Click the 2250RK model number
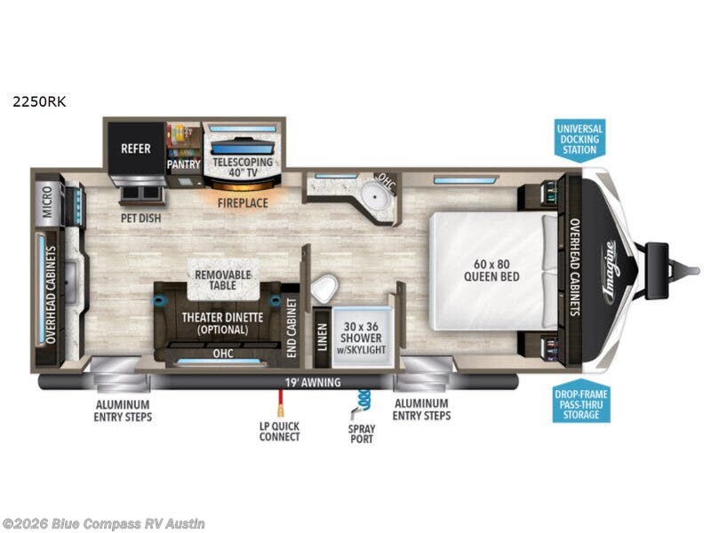tap(39, 101)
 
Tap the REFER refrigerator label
tap(136, 149)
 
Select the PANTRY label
tap(184, 164)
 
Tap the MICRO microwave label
tap(47, 206)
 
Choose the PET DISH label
tap(141, 217)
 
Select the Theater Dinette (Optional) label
tap(216, 322)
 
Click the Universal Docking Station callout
tap(579, 139)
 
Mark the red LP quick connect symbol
tap(280, 408)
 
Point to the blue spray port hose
tap(362, 402)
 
